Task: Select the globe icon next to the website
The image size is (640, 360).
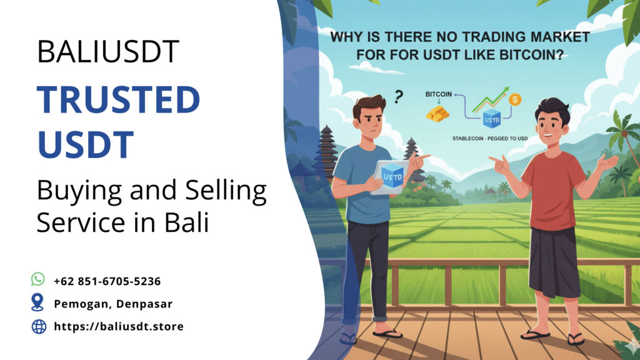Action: [x=39, y=326]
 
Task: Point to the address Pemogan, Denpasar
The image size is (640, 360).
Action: [x=112, y=304]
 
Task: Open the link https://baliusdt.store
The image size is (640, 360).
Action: [x=119, y=326]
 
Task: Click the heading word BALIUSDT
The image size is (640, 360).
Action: [x=108, y=52]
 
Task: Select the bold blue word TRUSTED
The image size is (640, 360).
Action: [x=119, y=100]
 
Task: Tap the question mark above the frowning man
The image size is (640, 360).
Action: [x=399, y=96]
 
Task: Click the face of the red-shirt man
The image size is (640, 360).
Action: [x=553, y=122]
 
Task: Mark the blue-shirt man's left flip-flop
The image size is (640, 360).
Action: [x=387, y=333]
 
